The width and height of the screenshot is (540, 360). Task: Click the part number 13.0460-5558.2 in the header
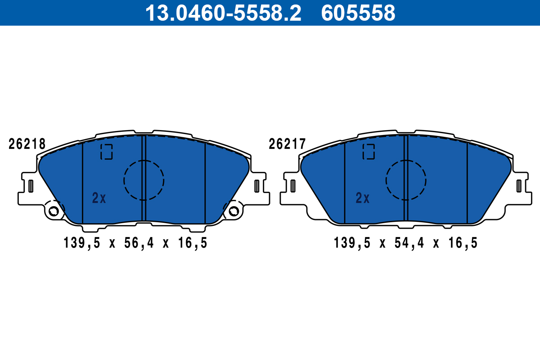[223, 13]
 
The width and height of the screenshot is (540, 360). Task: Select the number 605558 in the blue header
[358, 13]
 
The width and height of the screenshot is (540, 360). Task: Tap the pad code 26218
[27, 144]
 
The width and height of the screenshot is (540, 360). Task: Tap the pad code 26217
[287, 144]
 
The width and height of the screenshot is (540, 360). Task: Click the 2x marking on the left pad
[99, 198]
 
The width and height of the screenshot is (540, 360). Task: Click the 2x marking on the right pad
[363, 198]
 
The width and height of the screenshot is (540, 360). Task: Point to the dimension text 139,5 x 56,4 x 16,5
[135, 243]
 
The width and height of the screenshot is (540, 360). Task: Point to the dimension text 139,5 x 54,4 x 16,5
[405, 243]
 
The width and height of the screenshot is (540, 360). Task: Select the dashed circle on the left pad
[144, 180]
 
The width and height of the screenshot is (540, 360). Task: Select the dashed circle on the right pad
[406, 180]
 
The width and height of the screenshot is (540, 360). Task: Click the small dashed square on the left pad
[107, 152]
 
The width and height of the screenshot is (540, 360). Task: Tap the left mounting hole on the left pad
[54, 211]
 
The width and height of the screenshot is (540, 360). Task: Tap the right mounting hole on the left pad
[234, 211]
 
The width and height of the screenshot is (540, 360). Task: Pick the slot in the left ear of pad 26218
[31, 185]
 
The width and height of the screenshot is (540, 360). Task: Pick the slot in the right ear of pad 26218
[257, 185]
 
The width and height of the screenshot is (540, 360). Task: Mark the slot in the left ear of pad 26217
[293, 185]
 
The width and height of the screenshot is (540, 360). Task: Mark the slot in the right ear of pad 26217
[519, 185]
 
